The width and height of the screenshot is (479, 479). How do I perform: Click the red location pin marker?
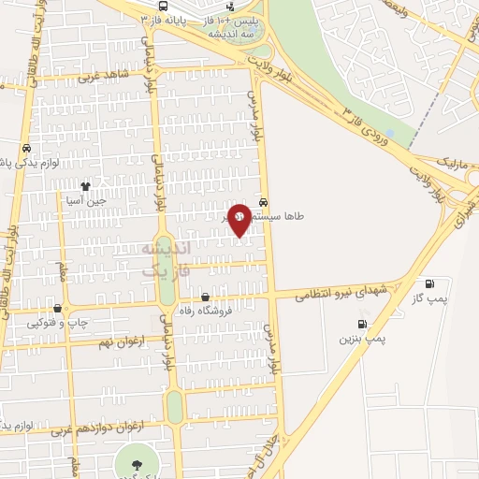(x=239, y=219)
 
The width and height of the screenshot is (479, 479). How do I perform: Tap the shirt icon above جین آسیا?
(x=86, y=186)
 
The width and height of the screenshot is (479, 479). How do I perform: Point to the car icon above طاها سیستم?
(x=265, y=201)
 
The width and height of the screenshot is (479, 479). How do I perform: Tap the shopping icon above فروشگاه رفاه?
(x=205, y=298)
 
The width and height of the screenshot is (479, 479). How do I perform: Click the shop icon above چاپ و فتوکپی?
(x=58, y=308)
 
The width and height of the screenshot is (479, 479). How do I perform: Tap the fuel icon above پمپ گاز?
(x=429, y=283)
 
